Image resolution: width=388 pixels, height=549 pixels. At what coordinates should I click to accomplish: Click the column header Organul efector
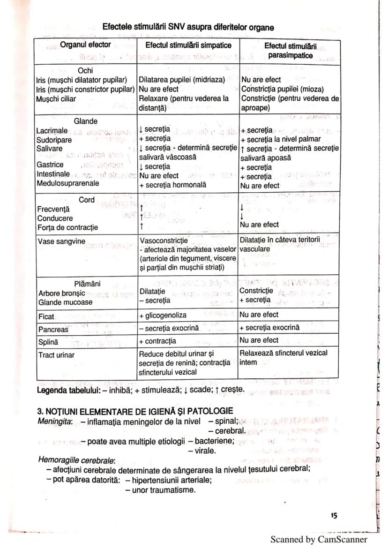tap(85, 45)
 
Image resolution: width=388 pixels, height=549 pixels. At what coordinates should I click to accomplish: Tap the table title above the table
tap(188, 27)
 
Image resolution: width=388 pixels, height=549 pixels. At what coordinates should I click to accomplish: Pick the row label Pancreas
tap(52, 329)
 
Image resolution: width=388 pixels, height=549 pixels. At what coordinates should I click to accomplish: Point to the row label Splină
tap(49, 341)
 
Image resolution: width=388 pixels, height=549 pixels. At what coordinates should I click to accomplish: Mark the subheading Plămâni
tap(86, 284)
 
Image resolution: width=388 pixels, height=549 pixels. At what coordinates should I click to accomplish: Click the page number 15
tap(333, 515)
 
